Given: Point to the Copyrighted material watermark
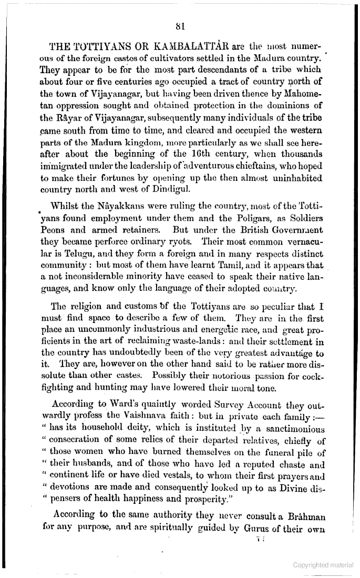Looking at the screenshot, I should tap(323, 565).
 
